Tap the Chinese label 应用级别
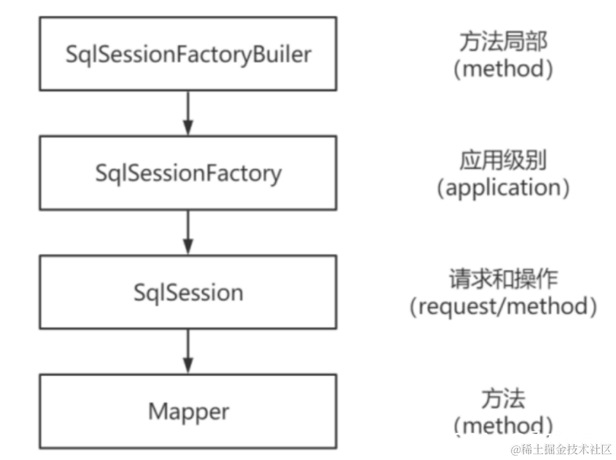click(503, 161)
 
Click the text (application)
click(503, 188)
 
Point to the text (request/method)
click(503, 307)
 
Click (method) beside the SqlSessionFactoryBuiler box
click(503, 69)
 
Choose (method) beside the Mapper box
click(503, 425)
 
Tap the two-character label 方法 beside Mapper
click(503, 400)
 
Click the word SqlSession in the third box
click(188, 292)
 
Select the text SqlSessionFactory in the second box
click(188, 173)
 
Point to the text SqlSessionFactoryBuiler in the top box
click(188, 54)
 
